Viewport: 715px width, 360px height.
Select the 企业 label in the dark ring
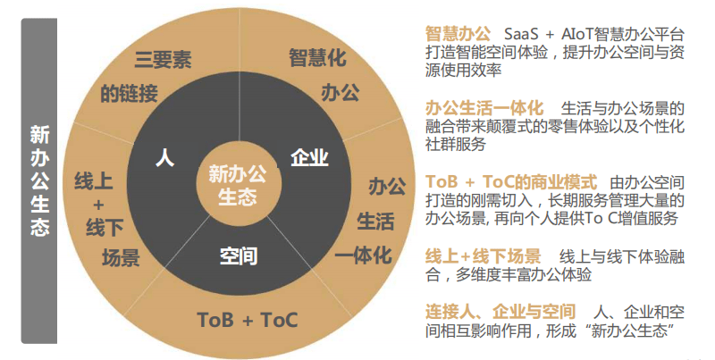pyautogui.click(x=310, y=159)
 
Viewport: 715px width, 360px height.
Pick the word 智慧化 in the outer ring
pyautogui.click(x=317, y=58)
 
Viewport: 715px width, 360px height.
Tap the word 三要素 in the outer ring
pyautogui.click(x=164, y=61)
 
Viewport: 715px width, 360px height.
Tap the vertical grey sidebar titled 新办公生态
pyautogui.click(x=39, y=180)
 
